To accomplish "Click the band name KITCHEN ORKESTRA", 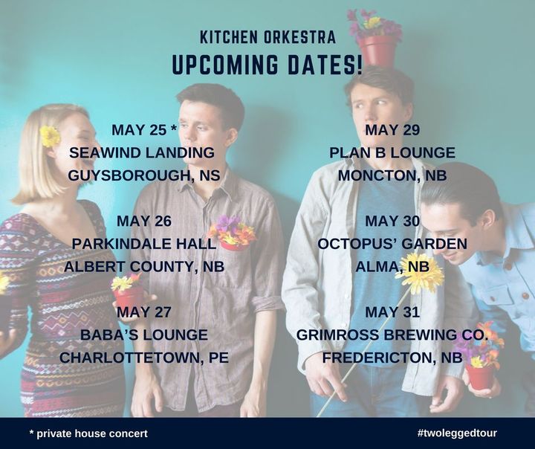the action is [x=267, y=37].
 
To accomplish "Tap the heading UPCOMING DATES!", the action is [x=267, y=65].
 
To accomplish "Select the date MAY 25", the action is [x=139, y=130].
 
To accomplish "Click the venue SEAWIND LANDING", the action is [x=142, y=152].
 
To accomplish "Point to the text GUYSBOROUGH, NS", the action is [x=144, y=175].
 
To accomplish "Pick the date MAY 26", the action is [x=144, y=222].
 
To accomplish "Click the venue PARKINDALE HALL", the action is [x=144, y=244].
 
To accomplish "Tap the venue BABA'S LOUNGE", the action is [x=144, y=335].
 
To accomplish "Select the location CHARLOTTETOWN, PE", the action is [x=144, y=358].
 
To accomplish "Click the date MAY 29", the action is [x=392, y=130].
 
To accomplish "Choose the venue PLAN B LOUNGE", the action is [x=392, y=152].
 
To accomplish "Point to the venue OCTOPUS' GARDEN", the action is [x=392, y=244].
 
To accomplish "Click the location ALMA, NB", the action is [x=392, y=267].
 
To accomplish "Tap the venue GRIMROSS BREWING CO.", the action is [x=392, y=335].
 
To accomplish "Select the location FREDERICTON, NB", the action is [x=392, y=358].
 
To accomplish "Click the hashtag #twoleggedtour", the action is [x=457, y=433].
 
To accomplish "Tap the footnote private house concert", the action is [x=92, y=433].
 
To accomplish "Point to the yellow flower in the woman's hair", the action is [x=50, y=136].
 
